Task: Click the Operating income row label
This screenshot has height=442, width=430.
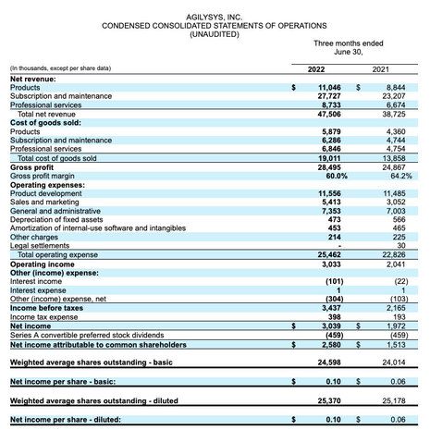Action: (43, 262)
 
